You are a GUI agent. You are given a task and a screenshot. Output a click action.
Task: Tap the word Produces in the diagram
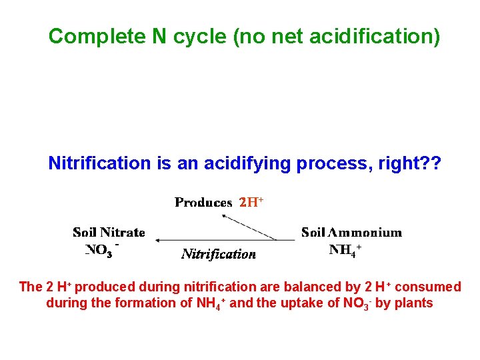tap(203, 202)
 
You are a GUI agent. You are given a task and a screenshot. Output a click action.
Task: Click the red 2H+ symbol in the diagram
tap(252, 202)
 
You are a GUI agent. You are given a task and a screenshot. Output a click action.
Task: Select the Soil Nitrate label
tap(109, 233)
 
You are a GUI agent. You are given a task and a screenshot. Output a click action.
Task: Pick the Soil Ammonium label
tap(351, 233)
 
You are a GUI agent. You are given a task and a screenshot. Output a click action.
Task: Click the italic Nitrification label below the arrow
tap(219, 253)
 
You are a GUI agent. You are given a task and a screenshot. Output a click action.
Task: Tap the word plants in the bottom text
tap(414, 303)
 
